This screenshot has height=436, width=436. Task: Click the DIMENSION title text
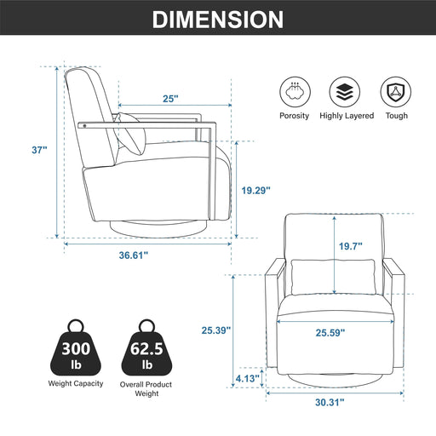pos(218,20)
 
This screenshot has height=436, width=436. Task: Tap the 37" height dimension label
pos(39,150)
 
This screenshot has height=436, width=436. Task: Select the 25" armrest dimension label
pos(170,99)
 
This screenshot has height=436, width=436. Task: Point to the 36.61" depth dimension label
pos(146,255)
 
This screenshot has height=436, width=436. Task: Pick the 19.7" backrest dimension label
pos(350,246)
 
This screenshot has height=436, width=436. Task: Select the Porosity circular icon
pos(295,90)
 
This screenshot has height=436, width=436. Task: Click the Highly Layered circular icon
pos(347,90)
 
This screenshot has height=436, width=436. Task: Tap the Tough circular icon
pos(396,90)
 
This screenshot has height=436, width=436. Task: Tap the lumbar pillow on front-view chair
pos(333,273)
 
